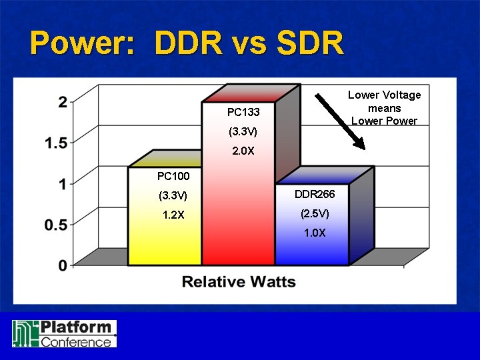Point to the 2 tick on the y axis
coord(62,102)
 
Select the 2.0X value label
coord(243,151)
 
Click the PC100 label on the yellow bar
coord(173,177)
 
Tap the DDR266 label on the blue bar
coord(315,194)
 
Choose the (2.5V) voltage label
coord(315,214)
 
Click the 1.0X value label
coord(315,233)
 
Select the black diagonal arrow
coord(340,121)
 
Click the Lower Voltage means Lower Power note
coord(385,108)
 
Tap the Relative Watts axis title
coord(239,281)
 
